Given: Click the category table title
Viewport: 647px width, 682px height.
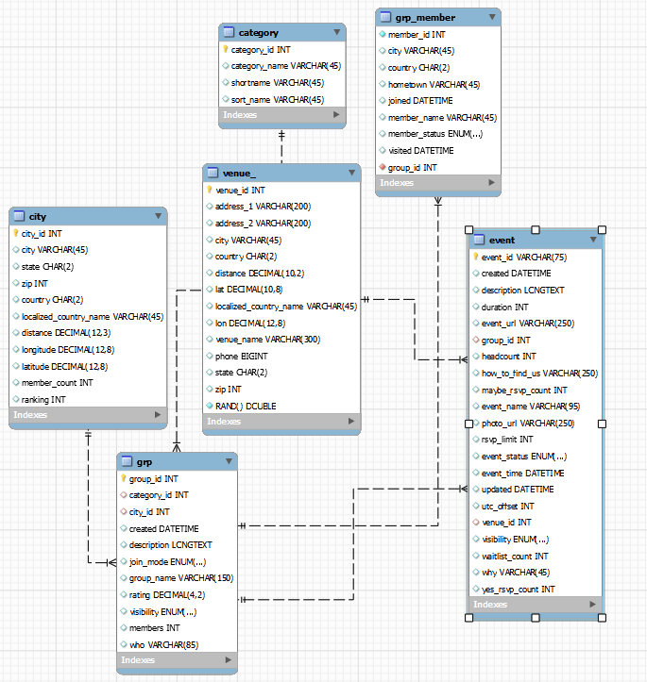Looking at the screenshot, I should [x=258, y=32].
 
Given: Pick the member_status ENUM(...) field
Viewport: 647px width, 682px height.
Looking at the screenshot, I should [x=434, y=134].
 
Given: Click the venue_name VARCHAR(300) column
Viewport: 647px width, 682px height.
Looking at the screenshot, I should [x=268, y=340].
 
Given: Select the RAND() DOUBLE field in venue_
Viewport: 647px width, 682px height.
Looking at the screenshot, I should [x=247, y=406].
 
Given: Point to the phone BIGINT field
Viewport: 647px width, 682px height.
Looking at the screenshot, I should [x=242, y=356].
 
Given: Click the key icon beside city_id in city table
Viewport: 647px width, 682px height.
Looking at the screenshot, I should [x=16, y=233].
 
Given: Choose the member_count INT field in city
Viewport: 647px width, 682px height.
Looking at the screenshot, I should [x=58, y=383].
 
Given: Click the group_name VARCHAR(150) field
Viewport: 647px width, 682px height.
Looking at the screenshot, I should [x=180, y=577].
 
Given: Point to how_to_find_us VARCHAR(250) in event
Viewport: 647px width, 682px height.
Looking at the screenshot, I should [x=539, y=373].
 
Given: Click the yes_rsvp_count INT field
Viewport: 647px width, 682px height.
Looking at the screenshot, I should [x=518, y=589].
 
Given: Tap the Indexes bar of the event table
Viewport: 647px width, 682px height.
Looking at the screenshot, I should [x=534, y=604].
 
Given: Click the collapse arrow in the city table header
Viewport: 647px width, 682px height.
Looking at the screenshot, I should [x=158, y=216].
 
